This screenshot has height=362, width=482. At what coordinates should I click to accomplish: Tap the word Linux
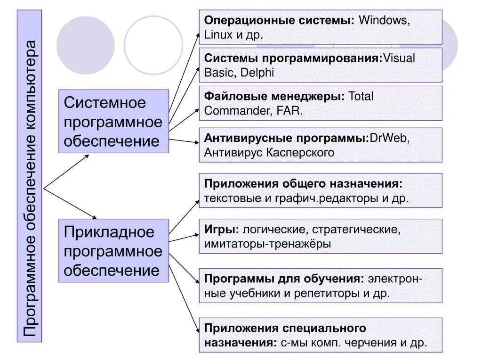coord(217,34)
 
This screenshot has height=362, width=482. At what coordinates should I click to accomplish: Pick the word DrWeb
coord(389,139)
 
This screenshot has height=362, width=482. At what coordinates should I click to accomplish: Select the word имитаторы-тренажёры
coord(267,244)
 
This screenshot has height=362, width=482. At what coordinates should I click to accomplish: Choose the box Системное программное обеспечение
coord(113,122)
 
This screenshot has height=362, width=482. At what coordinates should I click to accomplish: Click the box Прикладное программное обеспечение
coord(113,251)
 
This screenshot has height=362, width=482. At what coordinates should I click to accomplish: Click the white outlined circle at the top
coord(153,45)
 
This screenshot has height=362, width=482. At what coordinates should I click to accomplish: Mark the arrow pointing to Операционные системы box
coord(184,71)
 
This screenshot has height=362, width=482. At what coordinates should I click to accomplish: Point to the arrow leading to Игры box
coord(184,238)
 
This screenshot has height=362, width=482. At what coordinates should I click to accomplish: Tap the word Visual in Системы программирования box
coord(399,59)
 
